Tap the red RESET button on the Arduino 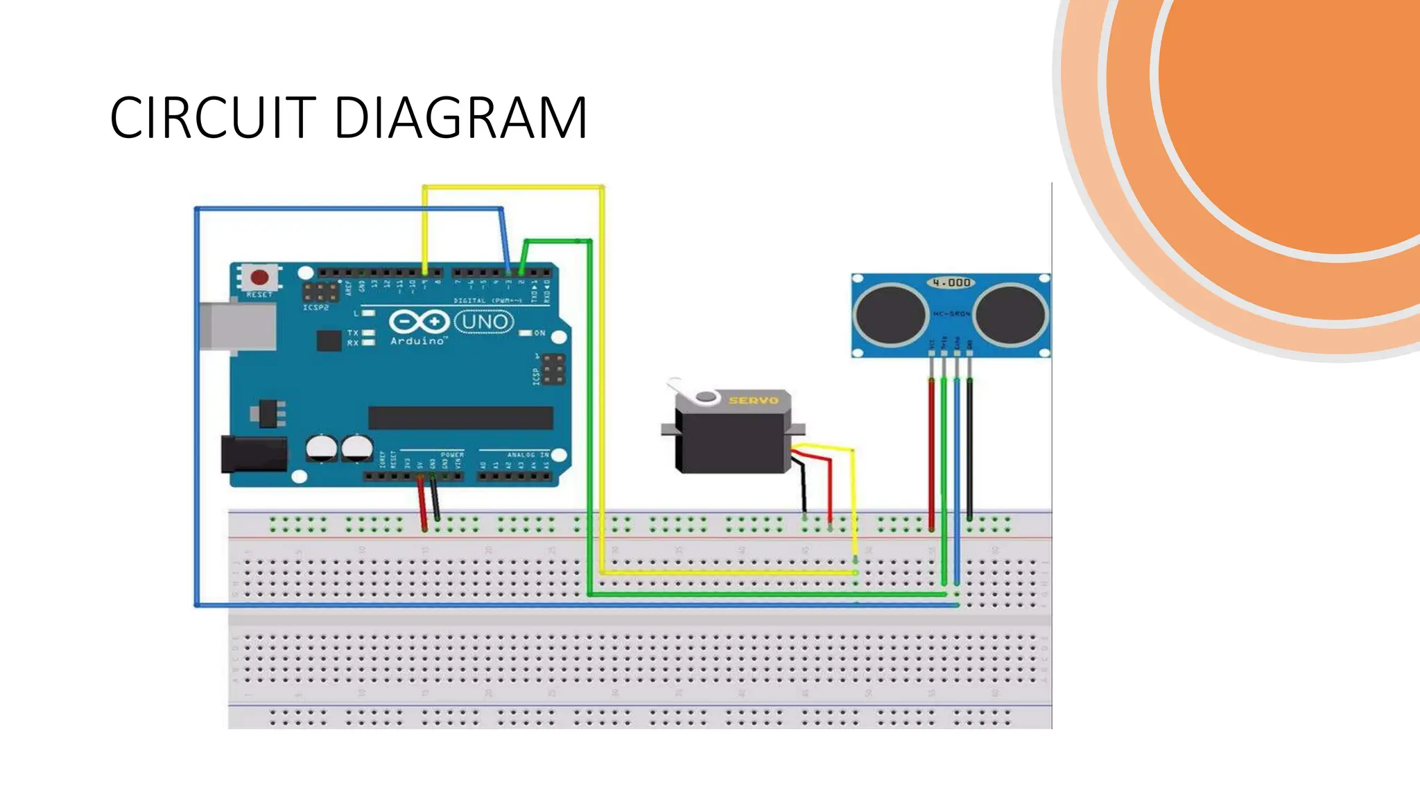click(259, 278)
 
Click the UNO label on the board click(485, 323)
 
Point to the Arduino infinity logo click(418, 322)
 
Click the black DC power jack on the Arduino click(253, 454)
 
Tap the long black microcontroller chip click(460, 418)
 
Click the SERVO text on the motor click(753, 400)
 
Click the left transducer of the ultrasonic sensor click(890, 314)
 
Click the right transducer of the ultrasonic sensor click(1010, 314)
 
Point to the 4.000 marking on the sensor click(951, 282)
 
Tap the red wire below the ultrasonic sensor click(931, 451)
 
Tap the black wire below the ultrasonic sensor click(969, 451)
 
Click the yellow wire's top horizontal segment click(513, 187)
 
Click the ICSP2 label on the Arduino click(315, 307)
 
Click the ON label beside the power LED click(539, 334)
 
